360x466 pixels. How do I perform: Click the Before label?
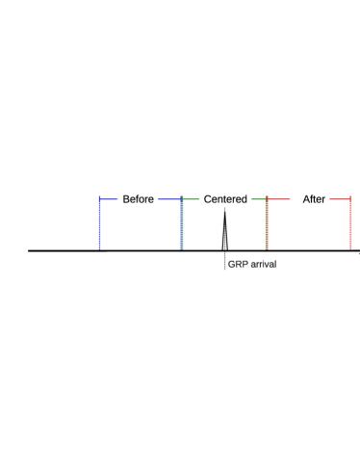(x=138, y=199)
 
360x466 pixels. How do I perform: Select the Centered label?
(x=226, y=199)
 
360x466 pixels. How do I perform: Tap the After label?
(x=314, y=199)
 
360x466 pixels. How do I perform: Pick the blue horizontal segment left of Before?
(x=108, y=199)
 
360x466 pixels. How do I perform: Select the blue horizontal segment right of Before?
(x=169, y=199)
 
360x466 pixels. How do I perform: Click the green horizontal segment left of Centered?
(x=191, y=199)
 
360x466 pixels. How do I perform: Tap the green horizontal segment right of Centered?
(x=259, y=199)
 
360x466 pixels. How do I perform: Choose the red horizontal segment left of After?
(x=278, y=199)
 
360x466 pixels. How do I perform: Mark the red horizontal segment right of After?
(x=340, y=199)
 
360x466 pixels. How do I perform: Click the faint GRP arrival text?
(x=252, y=264)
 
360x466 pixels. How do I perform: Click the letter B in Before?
(x=126, y=199)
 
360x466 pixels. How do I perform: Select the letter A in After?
(x=306, y=199)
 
